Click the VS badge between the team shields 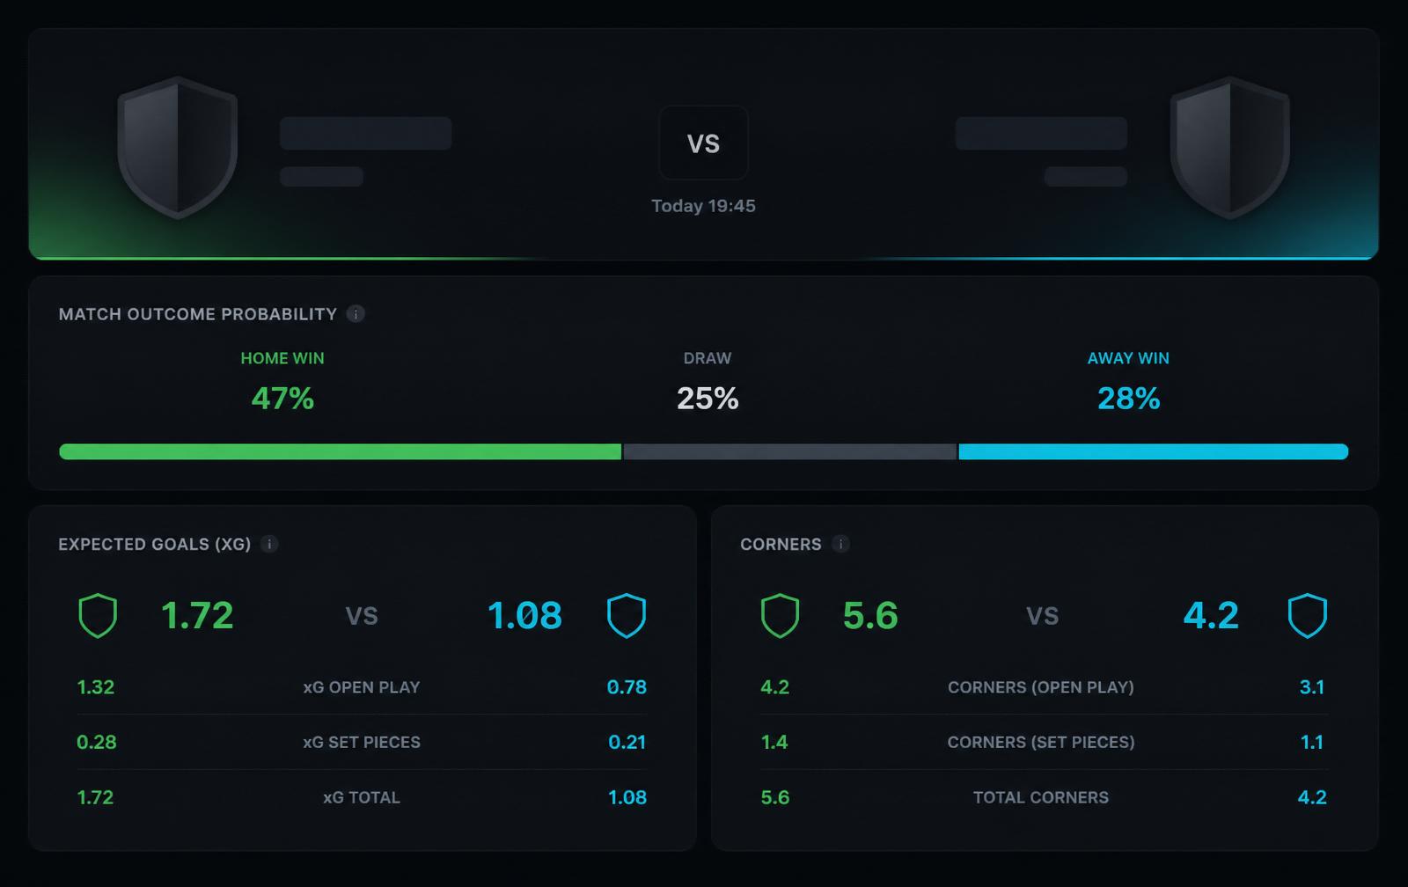(703, 143)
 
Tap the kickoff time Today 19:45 (703, 206)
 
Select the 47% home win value (282, 399)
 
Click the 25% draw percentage (708, 399)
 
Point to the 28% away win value (1128, 399)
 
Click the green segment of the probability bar (340, 451)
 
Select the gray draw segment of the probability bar (790, 451)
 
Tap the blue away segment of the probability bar (1154, 451)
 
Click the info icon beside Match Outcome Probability (356, 313)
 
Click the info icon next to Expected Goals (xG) (269, 544)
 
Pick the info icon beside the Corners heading (840, 544)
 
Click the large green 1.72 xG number (197, 615)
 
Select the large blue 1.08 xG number (524, 615)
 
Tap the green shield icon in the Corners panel (780, 615)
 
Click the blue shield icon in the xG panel (627, 615)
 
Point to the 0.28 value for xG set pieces (96, 743)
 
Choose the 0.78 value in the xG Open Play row (627, 687)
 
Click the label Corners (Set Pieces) (1041, 743)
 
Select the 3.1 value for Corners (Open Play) (1312, 687)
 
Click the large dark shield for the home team (177, 149)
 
